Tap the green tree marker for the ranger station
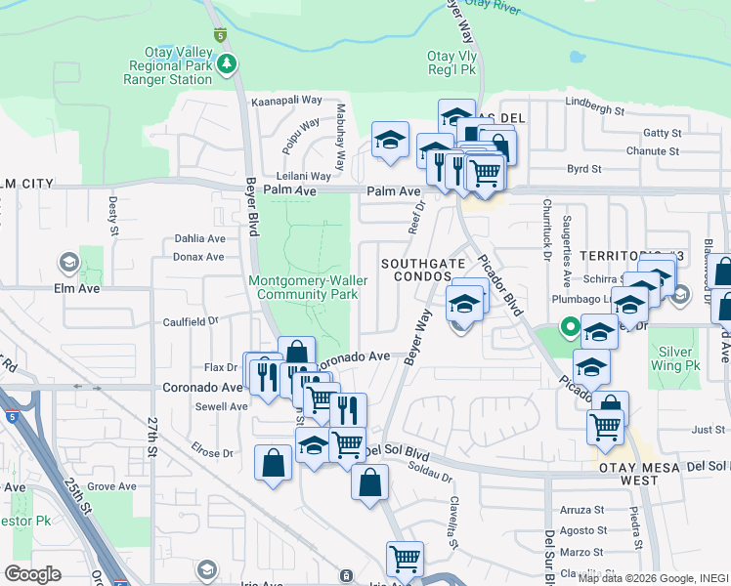coord(228,64)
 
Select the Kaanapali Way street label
coord(286,101)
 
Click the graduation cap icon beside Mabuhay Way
coord(390,139)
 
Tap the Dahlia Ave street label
coord(199,238)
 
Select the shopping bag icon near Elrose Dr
coord(274,463)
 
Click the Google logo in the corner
coord(33,574)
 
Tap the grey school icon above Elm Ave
coord(69,262)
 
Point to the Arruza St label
coord(583,510)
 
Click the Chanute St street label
coord(653,151)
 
